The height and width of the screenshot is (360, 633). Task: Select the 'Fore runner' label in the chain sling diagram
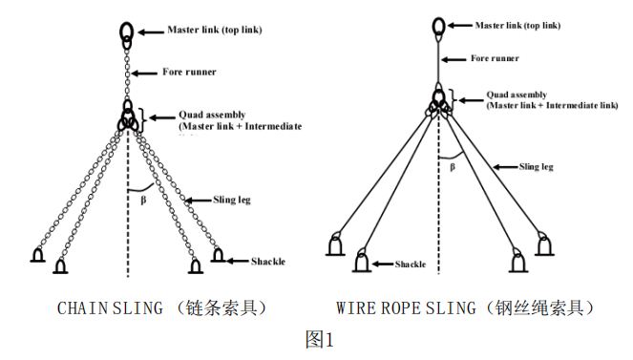pos(188,72)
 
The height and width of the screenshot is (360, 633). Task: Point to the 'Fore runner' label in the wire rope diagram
pos(495,58)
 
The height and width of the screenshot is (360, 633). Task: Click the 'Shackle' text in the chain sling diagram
pos(268,261)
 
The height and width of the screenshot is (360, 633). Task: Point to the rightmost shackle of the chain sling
pos(220,255)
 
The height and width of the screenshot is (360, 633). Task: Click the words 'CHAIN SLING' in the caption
pos(98,307)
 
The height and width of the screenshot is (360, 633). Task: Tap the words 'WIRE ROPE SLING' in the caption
pos(405,307)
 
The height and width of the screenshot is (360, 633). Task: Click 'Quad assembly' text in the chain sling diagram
pos(211,115)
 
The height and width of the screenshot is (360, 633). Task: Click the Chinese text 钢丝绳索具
pos(542,307)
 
